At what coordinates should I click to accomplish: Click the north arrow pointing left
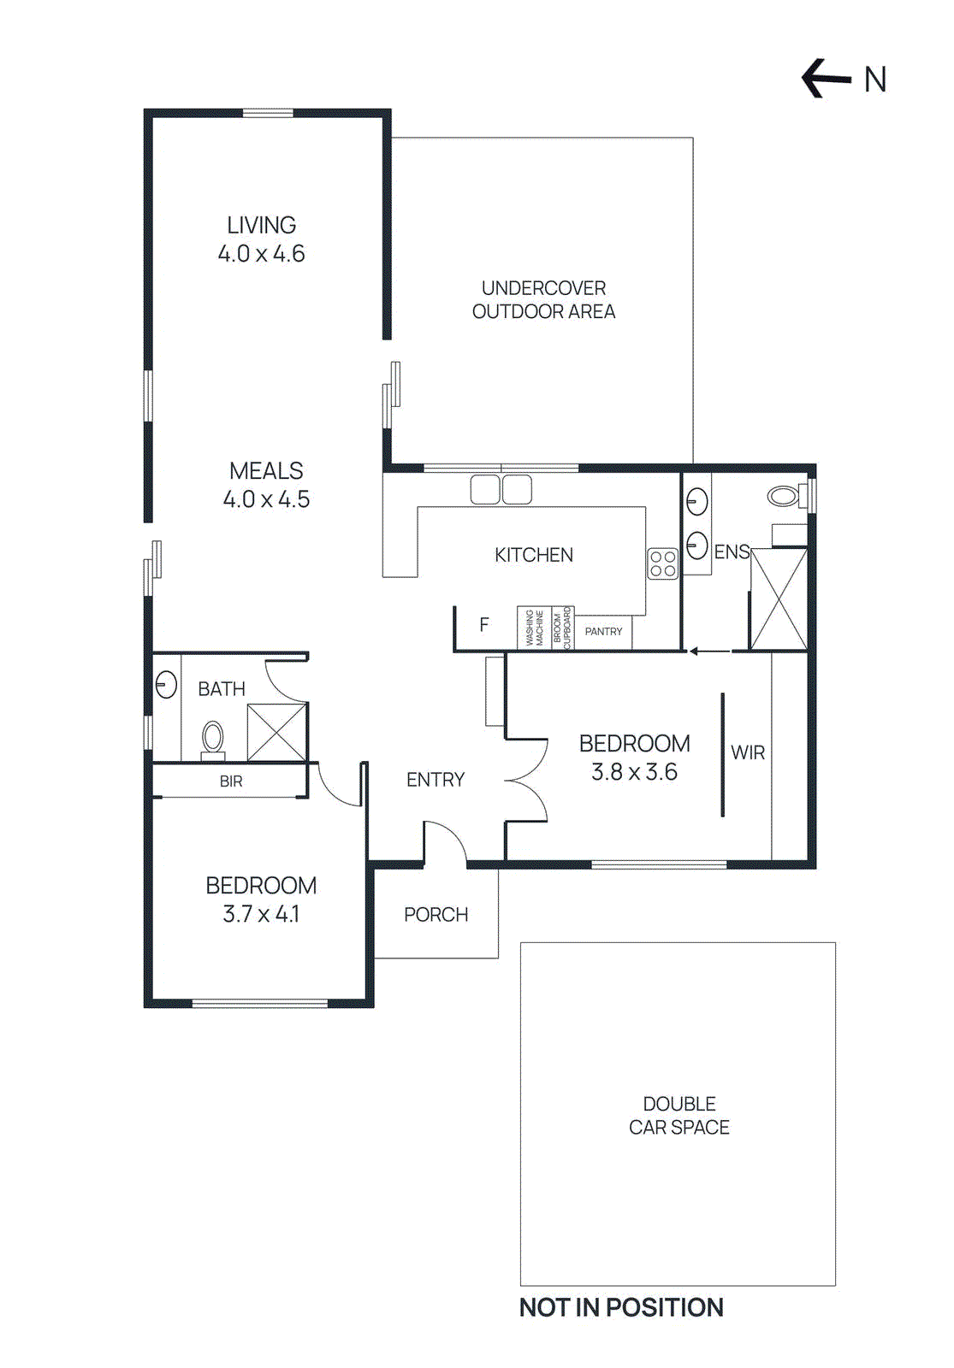[x=826, y=79]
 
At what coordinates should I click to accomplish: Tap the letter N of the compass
[x=874, y=80]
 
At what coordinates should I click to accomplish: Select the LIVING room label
[x=261, y=225]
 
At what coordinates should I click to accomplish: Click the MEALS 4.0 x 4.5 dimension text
[x=266, y=499]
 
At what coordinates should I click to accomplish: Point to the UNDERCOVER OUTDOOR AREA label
[x=543, y=299]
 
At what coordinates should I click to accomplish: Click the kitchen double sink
[x=501, y=489]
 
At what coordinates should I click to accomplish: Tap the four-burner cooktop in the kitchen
[x=662, y=564]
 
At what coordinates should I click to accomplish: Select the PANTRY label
[x=603, y=632]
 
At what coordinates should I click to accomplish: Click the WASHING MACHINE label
[x=534, y=628]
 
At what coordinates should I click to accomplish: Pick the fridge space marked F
[x=484, y=625]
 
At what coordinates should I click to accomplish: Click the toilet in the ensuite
[x=785, y=495]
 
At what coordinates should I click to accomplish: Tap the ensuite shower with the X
[x=778, y=599]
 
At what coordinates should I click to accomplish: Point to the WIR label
[x=748, y=752]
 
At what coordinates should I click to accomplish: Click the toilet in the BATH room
[x=212, y=738]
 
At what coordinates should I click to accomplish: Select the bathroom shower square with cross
[x=276, y=732]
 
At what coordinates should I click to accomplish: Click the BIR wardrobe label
[x=230, y=781]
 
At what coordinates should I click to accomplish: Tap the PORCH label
[x=436, y=915]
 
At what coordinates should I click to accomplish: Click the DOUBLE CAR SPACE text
[x=678, y=1116]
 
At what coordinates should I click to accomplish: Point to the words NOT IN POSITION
[x=621, y=1307]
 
